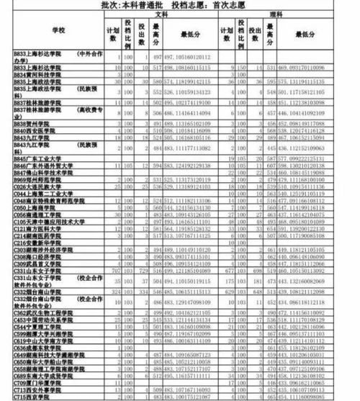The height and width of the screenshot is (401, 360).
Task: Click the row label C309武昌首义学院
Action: (x=40, y=263)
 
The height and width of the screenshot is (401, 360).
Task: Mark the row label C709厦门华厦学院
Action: (x=40, y=382)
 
